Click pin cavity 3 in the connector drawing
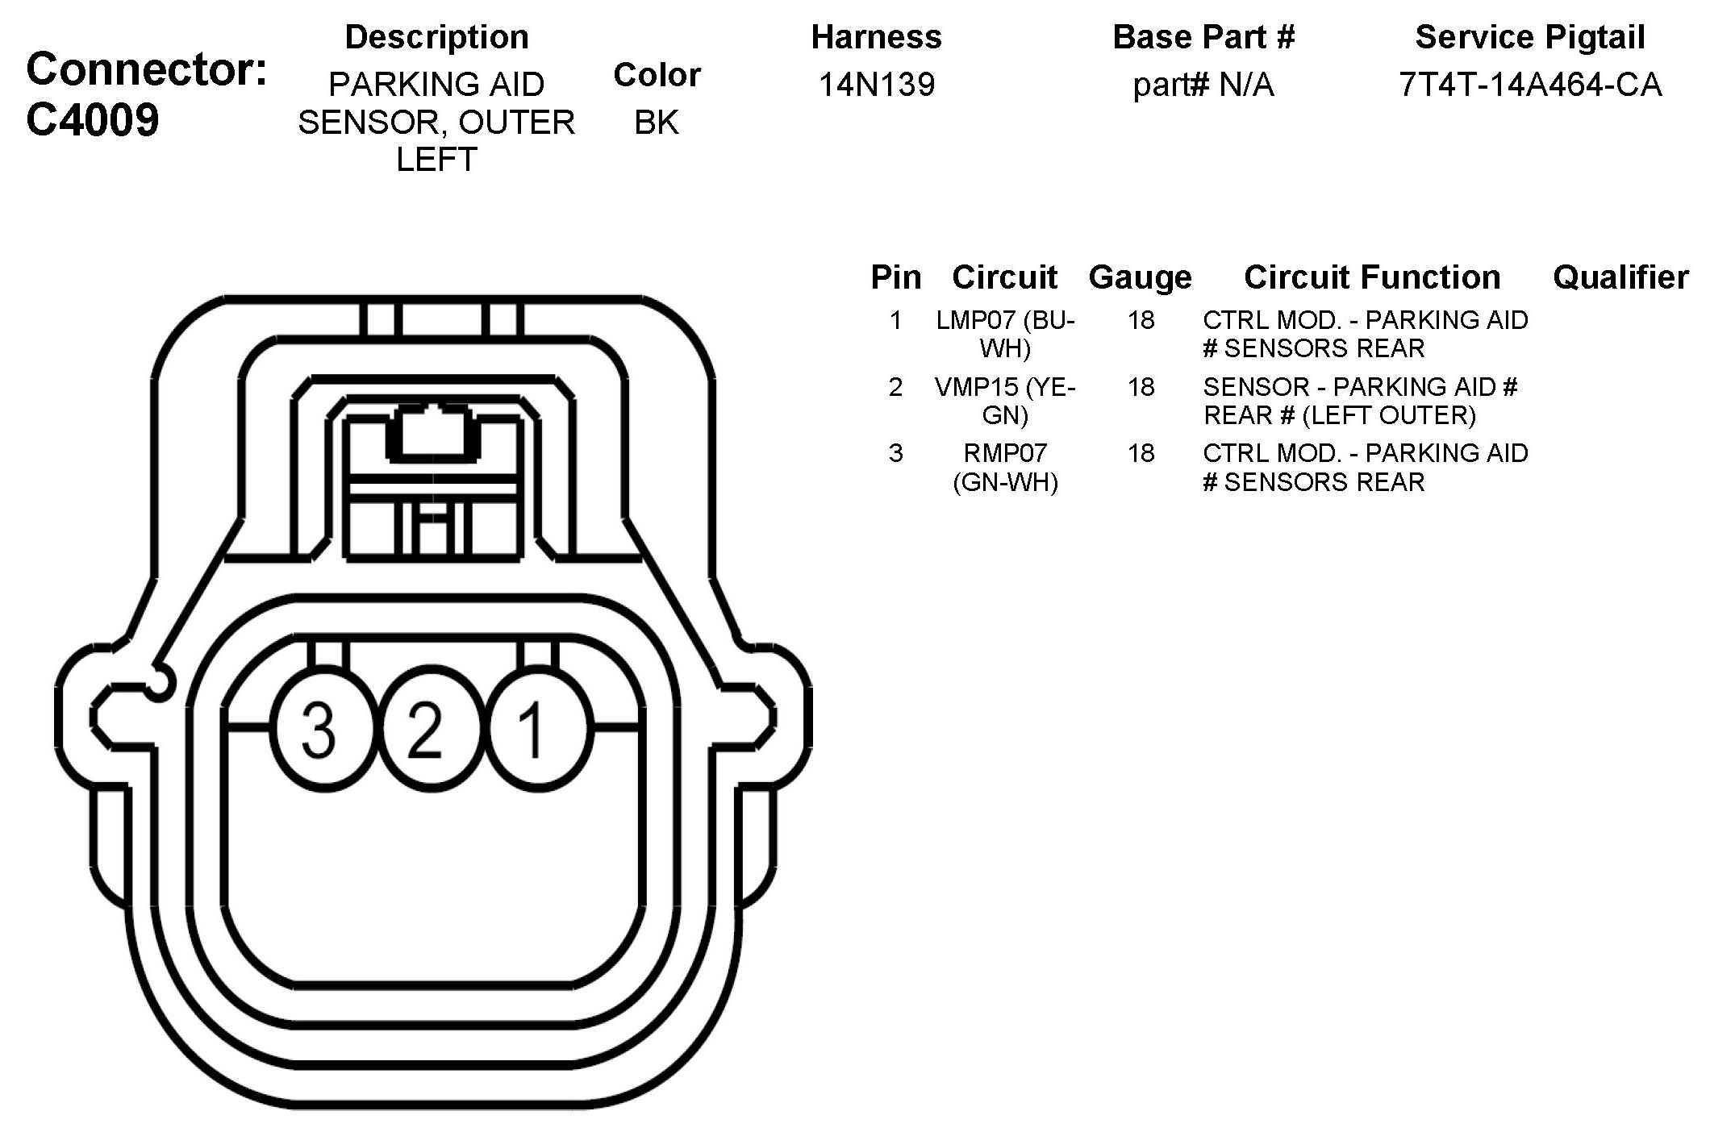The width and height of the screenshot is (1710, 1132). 319,730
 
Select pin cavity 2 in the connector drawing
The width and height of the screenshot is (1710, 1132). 426,730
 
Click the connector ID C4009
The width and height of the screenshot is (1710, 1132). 93,121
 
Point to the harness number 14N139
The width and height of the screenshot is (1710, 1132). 877,85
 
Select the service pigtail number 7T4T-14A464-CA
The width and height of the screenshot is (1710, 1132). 1530,85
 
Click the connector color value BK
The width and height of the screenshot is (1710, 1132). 657,123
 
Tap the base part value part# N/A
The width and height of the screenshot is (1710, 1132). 1203,85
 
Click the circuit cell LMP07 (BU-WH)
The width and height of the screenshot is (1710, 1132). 1005,334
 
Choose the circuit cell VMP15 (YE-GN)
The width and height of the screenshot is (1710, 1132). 1005,401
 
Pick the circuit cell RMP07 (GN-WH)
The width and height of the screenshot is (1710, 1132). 1005,468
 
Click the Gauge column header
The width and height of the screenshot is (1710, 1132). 1140,277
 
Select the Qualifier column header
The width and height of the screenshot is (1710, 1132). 1620,277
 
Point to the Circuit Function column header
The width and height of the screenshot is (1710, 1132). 1372,277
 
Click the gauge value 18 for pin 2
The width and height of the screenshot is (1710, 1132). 1141,387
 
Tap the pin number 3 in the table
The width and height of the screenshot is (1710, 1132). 895,453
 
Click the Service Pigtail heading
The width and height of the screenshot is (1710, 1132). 1530,37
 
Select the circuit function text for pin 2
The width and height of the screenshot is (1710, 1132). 1360,401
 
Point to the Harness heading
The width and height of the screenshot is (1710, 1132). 877,37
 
